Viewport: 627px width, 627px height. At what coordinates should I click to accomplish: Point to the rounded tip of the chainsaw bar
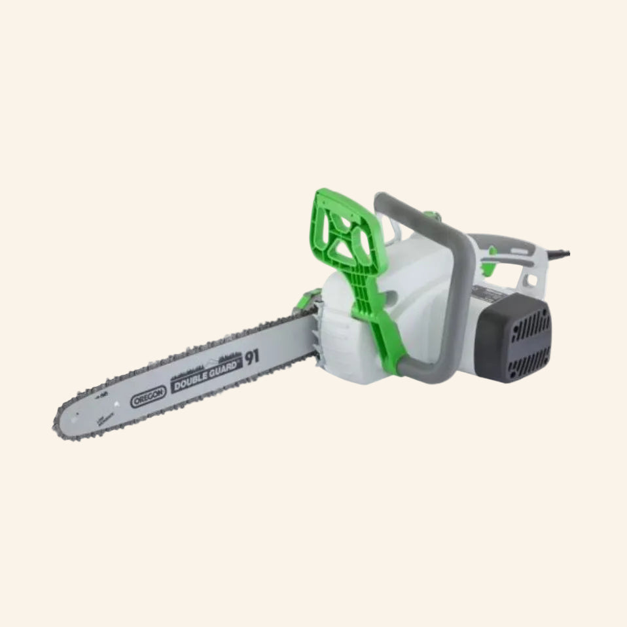[60, 426]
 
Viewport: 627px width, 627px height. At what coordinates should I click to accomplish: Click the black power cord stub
[562, 251]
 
